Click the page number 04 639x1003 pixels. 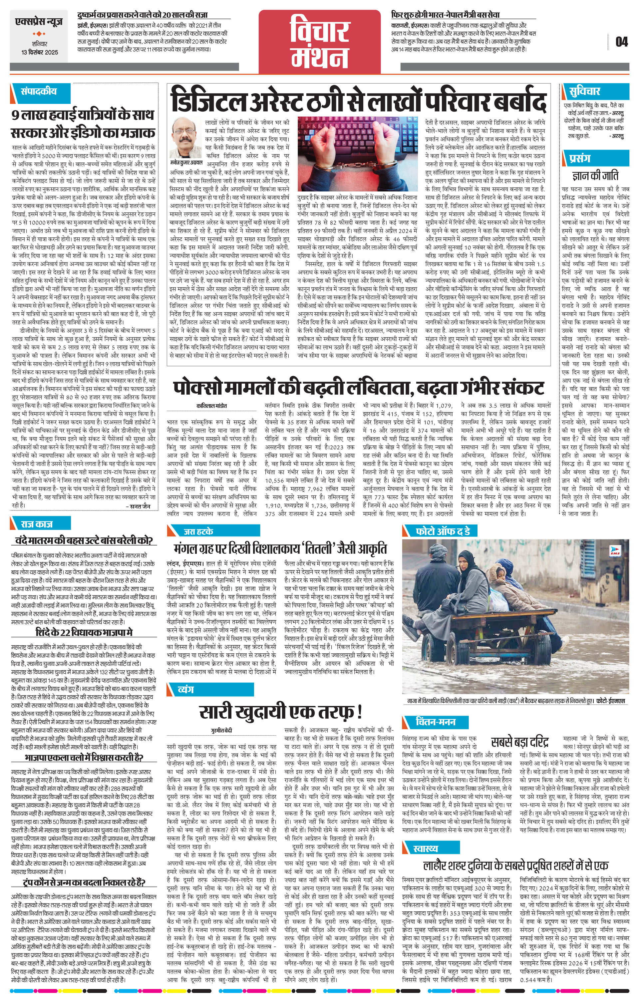[x=621, y=42]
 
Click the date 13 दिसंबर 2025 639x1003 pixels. [x=40, y=53]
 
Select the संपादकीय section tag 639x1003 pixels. [x=39, y=91]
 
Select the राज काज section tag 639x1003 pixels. [x=38, y=523]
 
